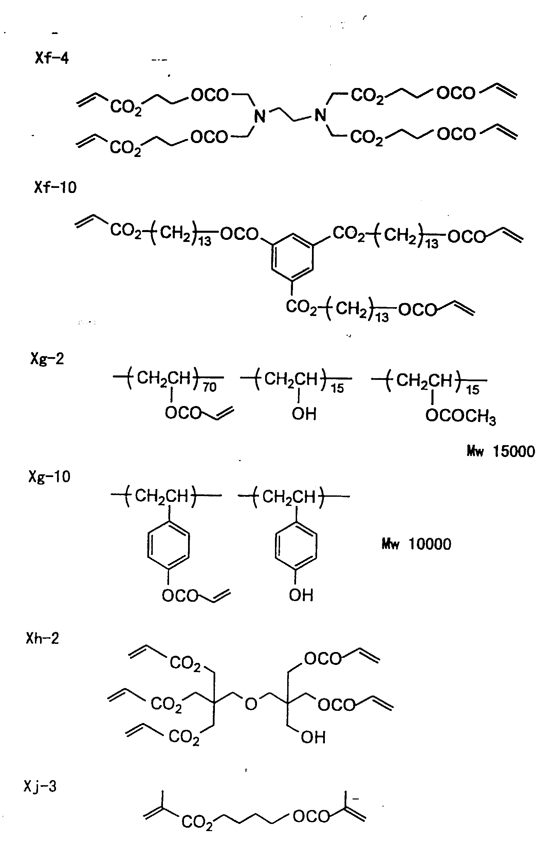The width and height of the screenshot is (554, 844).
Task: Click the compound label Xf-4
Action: click(52, 58)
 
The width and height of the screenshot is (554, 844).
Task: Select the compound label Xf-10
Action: click(55, 187)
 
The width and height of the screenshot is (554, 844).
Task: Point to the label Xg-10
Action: click(49, 477)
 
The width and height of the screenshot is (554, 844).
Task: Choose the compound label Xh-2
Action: click(42, 638)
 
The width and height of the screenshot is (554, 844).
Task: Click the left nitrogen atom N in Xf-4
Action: click(260, 116)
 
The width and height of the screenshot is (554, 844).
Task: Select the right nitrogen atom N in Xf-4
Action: click(320, 115)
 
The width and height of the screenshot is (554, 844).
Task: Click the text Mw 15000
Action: click(500, 452)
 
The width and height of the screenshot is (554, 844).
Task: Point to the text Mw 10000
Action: click(416, 544)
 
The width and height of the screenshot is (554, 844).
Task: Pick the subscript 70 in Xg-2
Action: click(209, 387)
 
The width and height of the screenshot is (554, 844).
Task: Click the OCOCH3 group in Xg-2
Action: click(461, 416)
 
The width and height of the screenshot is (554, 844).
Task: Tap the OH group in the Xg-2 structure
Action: click(304, 414)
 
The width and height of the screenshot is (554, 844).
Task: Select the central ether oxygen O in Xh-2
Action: click(251, 704)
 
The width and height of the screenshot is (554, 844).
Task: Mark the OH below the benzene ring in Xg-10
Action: click(301, 595)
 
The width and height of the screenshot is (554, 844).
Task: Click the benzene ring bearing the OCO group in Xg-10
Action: click(168, 545)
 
